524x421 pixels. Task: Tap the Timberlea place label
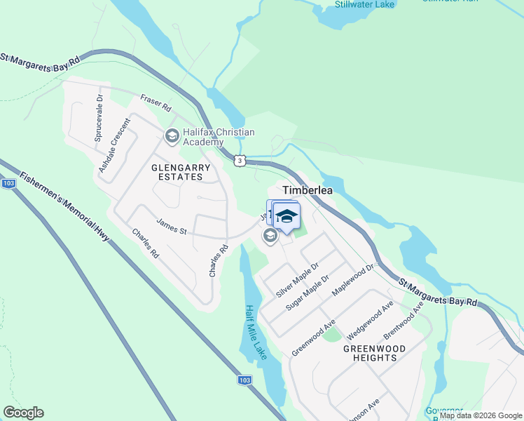pyautogui.click(x=308, y=190)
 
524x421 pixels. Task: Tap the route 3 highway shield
pyautogui.click(x=240, y=161)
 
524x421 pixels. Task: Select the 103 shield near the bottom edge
pyautogui.click(x=244, y=380)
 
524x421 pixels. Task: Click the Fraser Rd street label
pyautogui.click(x=156, y=105)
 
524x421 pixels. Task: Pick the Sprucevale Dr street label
pyautogui.click(x=100, y=119)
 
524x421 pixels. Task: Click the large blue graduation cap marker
pyautogui.click(x=286, y=216)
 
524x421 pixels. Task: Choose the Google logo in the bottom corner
pyautogui.click(x=23, y=413)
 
